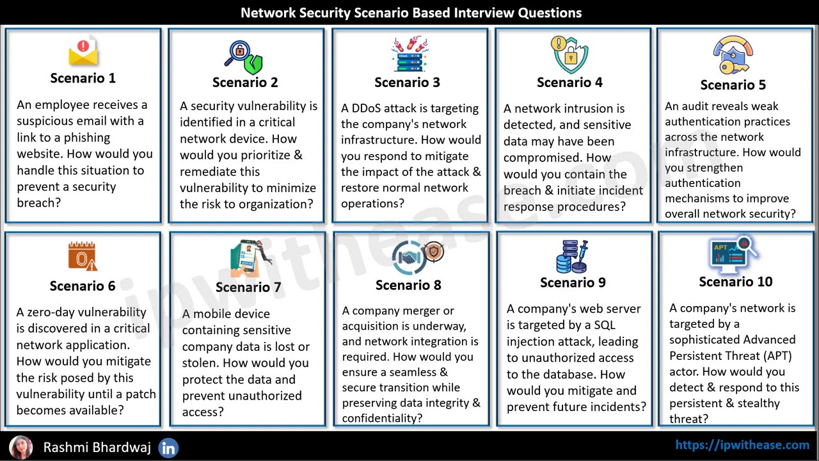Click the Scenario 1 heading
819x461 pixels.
pos(83,78)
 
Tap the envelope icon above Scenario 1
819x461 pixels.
pos(83,52)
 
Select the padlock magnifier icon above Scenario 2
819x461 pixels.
pos(244,57)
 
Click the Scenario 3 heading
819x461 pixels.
pos(407,82)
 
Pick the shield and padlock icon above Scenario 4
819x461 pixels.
pos(569,54)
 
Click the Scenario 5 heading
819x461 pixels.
pos(733,85)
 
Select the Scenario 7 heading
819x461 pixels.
pos(248,287)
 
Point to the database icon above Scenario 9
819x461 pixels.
pos(571,256)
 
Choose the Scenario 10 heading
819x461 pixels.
pos(735,282)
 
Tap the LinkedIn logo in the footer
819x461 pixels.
pos(168,448)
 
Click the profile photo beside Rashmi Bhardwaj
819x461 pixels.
pos(20,447)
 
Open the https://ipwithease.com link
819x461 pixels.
pos(742,444)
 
